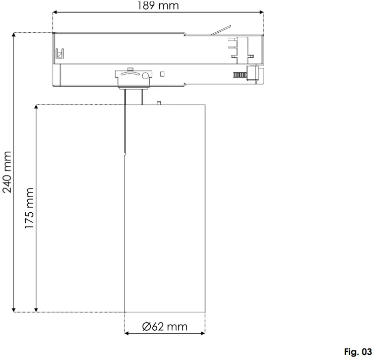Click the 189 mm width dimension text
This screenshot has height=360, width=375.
(158, 6)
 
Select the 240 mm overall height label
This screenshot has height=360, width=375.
(7, 172)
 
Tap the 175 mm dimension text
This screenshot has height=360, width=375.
(30, 208)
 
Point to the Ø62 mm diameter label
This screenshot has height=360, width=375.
(165, 327)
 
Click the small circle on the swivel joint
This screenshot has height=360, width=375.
(146, 76)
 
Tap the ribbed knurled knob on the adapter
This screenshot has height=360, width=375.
(240, 75)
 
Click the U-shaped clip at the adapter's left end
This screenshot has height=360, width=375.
(59, 52)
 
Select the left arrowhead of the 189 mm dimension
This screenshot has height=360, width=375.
(54, 13)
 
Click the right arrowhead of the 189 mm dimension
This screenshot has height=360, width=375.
(262, 13)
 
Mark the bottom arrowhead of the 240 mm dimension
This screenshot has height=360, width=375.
(15, 309)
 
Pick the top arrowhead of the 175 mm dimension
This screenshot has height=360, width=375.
(36, 107)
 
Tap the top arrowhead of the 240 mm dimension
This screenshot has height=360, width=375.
(15, 36)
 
